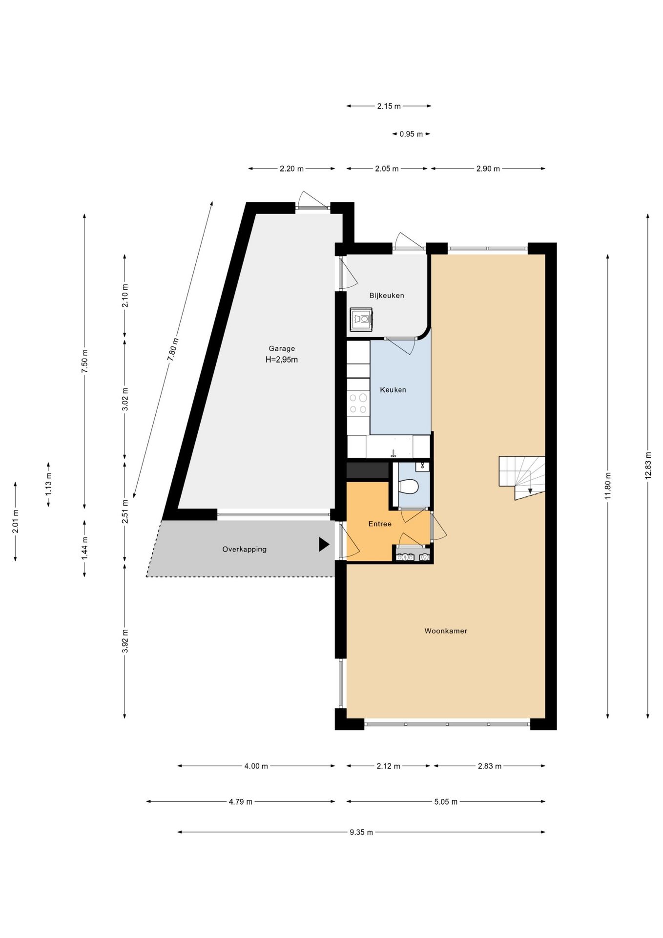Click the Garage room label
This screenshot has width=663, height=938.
[282, 348]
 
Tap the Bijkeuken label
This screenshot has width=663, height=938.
[387, 296]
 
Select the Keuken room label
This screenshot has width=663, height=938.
[393, 390]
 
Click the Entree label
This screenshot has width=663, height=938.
[380, 524]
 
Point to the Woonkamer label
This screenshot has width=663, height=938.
[446, 631]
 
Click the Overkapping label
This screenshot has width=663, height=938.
[245, 549]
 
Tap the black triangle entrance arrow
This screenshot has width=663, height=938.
[324, 544]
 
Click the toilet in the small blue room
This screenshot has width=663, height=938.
[409, 487]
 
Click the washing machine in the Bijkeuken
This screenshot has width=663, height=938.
[361, 319]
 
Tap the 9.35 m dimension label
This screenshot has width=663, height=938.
[361, 832]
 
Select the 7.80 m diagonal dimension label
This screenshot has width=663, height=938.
[173, 349]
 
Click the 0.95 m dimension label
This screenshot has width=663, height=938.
[411, 134]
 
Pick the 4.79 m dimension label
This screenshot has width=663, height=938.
[241, 801]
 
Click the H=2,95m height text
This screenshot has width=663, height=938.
[282, 360]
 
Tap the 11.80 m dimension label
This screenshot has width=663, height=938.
[608, 486]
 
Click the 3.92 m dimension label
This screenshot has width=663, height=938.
[124, 640]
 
